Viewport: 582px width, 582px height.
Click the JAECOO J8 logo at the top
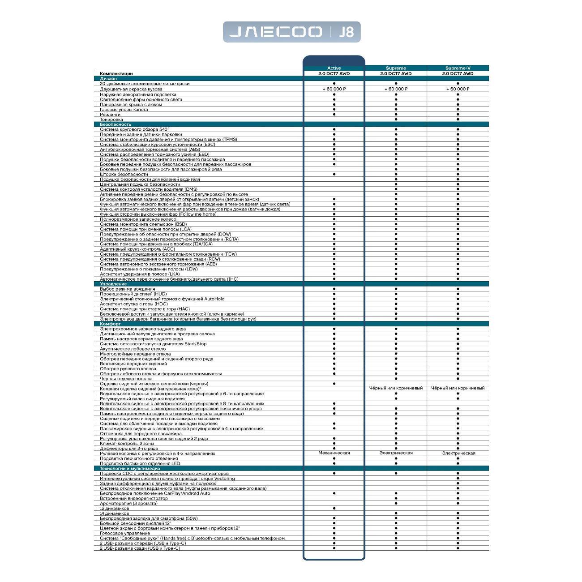pyautogui.click(x=291, y=32)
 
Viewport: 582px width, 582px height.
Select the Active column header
pyautogui.click(x=334, y=68)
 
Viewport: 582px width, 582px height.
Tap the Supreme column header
pyautogui.click(x=396, y=68)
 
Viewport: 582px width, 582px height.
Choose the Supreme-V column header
pyautogui.click(x=458, y=68)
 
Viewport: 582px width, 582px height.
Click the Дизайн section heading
pyautogui.click(x=108, y=79)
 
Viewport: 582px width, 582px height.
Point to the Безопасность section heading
pyautogui.click(x=116, y=124)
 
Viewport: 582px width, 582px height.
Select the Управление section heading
pyautogui.click(x=113, y=284)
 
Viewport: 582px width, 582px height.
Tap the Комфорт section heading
pyautogui.click(x=110, y=324)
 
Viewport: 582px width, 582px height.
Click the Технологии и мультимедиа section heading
pyautogui.click(x=130, y=468)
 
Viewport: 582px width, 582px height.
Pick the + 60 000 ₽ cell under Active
pyautogui.click(x=334, y=89)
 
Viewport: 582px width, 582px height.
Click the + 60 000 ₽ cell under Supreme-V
pyautogui.click(x=458, y=89)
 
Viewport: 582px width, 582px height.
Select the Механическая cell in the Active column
pyautogui.click(x=334, y=453)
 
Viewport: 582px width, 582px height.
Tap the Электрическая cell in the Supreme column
pyautogui.click(x=396, y=453)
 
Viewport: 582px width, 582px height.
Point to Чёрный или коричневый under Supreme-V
pyautogui.click(x=458, y=388)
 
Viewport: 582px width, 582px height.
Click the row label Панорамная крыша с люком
pyautogui.click(x=131, y=104)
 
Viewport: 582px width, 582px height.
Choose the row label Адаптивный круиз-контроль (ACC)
pyautogui.click(x=137, y=249)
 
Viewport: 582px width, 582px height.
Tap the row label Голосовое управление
pyautogui.click(x=125, y=533)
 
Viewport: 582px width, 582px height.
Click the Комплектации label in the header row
pyautogui.click(x=116, y=73)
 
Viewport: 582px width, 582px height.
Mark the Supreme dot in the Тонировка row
pyautogui.click(x=396, y=120)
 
